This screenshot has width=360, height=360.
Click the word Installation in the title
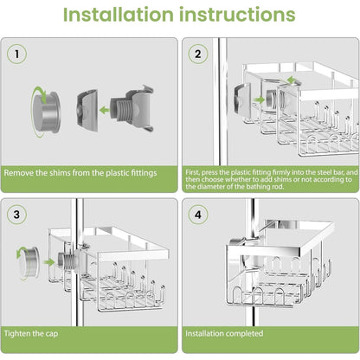click(x=118, y=15)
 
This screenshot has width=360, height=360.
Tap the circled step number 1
click(x=16, y=54)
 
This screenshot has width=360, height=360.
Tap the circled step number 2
click(x=198, y=54)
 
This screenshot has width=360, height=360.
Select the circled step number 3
click(x=16, y=215)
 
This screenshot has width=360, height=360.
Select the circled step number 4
click(x=198, y=215)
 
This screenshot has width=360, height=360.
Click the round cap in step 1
click(x=47, y=112)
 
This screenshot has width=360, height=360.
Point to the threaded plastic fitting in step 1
click(x=132, y=109)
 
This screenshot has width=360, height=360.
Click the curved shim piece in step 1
click(x=87, y=111)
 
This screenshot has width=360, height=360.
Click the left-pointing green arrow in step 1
click(x=104, y=110)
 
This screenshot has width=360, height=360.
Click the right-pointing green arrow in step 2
click(x=260, y=100)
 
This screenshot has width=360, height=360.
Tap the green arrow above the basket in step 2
click(x=292, y=80)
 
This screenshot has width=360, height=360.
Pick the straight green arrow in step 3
click(x=48, y=262)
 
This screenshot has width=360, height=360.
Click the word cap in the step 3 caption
click(x=52, y=334)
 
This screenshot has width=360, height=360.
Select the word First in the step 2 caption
click(x=192, y=172)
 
